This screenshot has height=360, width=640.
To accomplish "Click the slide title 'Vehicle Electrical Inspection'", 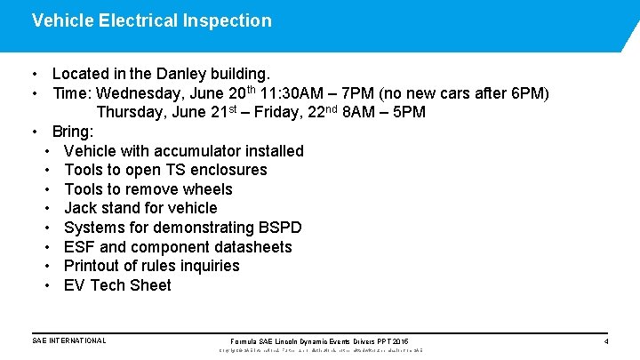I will click(151, 20).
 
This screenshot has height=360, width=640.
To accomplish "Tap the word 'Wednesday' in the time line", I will click(139, 93).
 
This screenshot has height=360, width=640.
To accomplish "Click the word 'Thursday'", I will click(131, 112).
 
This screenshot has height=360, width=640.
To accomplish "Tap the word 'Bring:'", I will click(73, 132).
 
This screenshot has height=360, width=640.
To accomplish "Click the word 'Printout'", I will click(95, 266).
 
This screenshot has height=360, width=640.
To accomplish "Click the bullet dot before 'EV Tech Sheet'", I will click(45, 285).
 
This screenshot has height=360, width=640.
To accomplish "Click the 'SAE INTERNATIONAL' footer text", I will click(68, 340).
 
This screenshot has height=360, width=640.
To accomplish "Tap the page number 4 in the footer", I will click(606, 341).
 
